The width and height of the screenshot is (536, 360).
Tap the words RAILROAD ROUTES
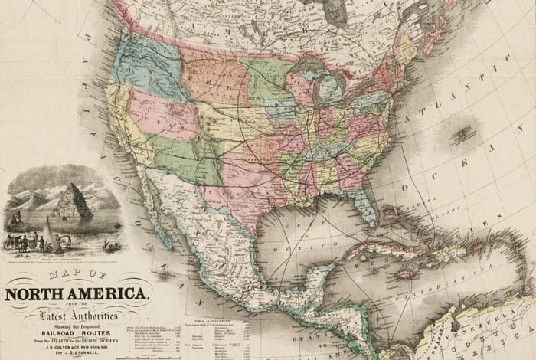[74, 324]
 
